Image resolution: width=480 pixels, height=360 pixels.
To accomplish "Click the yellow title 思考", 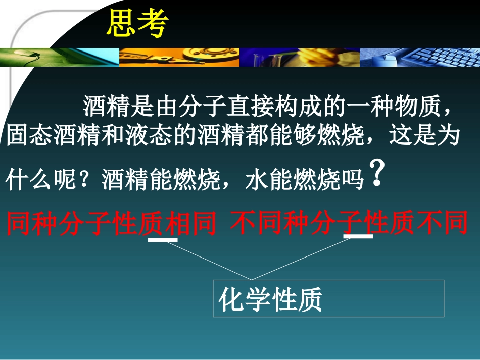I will click(136, 24).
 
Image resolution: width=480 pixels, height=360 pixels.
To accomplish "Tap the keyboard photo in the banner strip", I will click(419, 57).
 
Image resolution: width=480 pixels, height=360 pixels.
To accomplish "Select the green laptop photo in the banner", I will click(60, 57).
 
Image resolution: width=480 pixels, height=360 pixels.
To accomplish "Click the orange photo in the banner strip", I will click(179, 57).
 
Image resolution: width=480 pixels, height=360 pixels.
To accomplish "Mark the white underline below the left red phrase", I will click(163, 240).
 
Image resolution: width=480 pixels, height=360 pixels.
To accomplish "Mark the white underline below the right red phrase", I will click(358, 236).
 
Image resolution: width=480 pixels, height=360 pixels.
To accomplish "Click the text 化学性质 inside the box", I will click(270, 300).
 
